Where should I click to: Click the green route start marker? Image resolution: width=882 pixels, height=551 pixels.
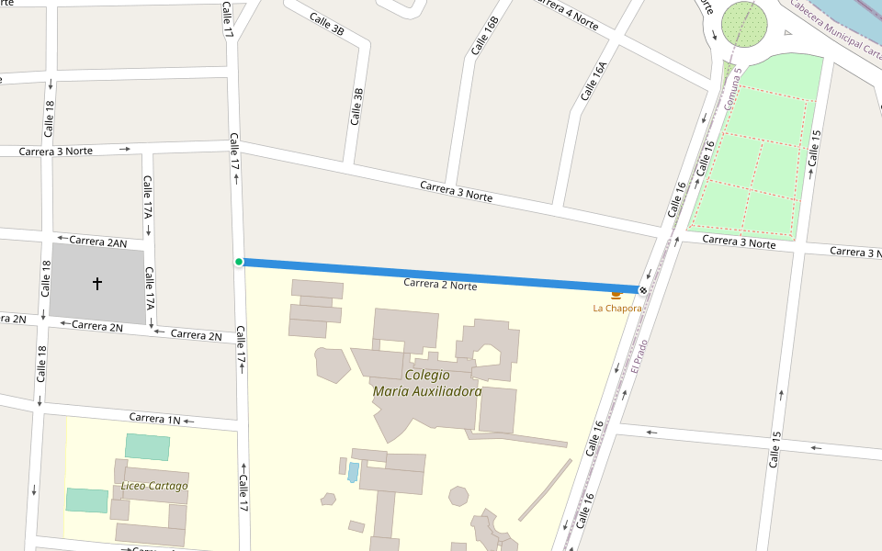coord(239,262)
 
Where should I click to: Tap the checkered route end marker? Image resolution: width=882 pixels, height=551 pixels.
coord(642,290)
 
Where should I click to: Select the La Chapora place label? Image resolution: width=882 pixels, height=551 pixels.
coord(616,309)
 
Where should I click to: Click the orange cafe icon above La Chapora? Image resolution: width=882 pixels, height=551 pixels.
coord(616,295)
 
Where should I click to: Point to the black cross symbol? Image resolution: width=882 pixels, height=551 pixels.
coord(97,284)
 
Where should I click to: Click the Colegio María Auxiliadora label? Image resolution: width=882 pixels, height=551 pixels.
coord(427,383)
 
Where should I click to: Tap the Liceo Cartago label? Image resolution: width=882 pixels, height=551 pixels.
coord(154,486)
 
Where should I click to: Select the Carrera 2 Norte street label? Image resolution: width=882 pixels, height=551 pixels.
coord(440,285)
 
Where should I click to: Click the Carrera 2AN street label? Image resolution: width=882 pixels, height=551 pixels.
coord(97,242)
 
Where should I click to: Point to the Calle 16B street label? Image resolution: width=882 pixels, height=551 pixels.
coord(484,35)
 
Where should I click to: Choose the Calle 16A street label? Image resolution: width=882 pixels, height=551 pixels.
coord(594,81)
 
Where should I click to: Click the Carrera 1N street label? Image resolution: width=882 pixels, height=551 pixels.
coord(155,419)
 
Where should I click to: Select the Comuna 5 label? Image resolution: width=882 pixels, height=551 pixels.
coord(732,86)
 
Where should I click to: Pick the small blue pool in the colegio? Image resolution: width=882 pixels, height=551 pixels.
coord(353,472)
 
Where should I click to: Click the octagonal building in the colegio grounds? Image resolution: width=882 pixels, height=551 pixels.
coord(458,496)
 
